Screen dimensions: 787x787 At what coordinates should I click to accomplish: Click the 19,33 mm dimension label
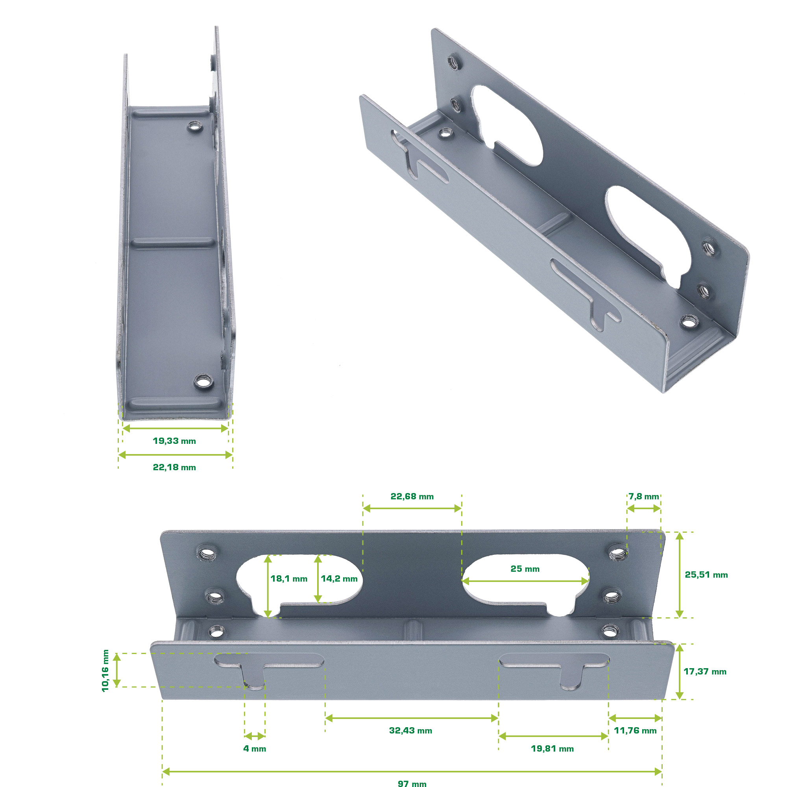point(174,441)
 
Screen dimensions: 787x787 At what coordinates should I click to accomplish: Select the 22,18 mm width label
point(174,467)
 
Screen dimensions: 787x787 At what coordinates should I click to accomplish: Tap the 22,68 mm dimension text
point(412,496)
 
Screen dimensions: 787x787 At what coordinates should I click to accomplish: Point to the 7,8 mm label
point(644,496)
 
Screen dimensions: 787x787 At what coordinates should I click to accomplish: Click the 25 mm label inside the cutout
point(525,569)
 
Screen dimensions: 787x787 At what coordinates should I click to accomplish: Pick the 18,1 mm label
point(289,578)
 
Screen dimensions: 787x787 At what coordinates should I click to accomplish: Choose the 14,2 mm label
point(339,578)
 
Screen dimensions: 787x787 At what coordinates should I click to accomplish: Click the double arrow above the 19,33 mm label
point(175,428)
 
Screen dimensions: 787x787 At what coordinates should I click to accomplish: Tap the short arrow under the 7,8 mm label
point(644,508)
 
